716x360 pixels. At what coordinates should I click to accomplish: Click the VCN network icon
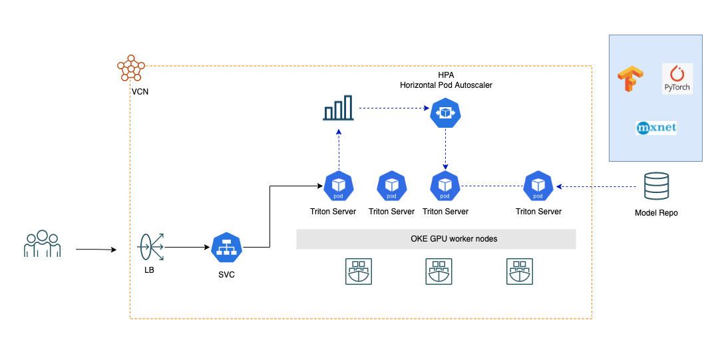[131, 68]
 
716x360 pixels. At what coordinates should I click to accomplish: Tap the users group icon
[42, 244]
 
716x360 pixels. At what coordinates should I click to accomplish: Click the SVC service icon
[227, 248]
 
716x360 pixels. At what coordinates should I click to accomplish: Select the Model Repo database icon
[656, 187]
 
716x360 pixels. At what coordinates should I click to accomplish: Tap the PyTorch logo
[677, 79]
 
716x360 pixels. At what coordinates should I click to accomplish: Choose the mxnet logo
[656, 127]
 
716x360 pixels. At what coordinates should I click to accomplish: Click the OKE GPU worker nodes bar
[435, 239]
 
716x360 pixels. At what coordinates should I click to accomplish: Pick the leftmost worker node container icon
[359, 272]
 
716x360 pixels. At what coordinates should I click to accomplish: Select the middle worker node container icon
[439, 272]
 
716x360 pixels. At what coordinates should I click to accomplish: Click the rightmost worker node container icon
[519, 272]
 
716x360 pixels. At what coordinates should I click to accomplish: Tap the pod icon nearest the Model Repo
[538, 187]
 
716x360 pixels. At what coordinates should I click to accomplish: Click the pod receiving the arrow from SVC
[339, 187]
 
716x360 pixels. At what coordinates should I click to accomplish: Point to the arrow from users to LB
[96, 250]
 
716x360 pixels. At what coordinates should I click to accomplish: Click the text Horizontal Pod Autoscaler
[446, 85]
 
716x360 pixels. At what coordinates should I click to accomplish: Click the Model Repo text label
[656, 213]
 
